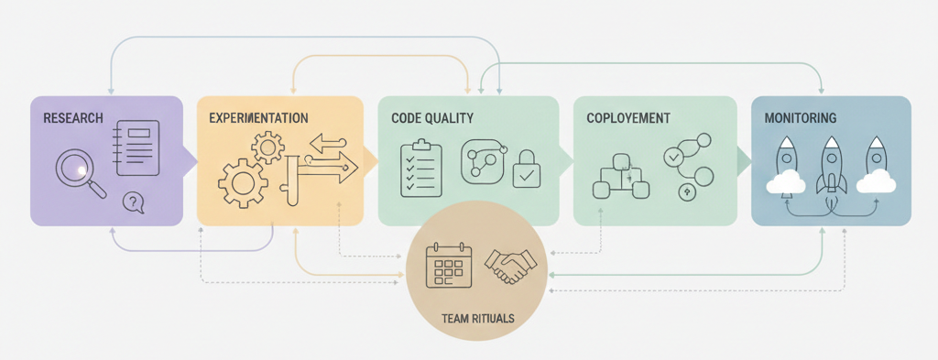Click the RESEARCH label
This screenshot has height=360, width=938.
[72, 118]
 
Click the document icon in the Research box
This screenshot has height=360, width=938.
[136, 147]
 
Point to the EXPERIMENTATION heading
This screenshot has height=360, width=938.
[258, 118]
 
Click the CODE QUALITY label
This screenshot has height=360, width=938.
[431, 118]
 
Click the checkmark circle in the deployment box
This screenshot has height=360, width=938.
[674, 158]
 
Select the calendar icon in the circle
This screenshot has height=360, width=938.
[449, 267]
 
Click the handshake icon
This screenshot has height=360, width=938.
[511, 267]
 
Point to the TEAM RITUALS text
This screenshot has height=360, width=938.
[477, 319]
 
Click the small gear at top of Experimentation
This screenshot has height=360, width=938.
[267, 147]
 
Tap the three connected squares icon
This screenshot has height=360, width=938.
[621, 178]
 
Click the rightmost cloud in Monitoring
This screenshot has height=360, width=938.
[877, 180]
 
